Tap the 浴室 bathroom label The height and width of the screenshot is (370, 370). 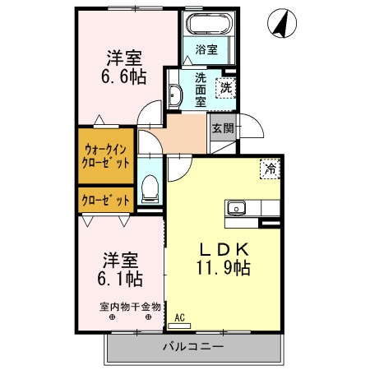click(x=206, y=49)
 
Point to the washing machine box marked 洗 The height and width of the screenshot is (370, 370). click(x=224, y=86)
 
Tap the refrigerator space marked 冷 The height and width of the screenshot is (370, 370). click(x=269, y=169)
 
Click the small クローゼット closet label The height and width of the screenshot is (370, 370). click(x=106, y=200)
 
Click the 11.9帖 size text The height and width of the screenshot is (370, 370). click(x=223, y=267)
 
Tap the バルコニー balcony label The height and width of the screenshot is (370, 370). click(x=193, y=347)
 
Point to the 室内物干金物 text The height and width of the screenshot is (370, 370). click(x=131, y=307)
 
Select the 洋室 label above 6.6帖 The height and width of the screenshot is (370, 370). click(x=124, y=58)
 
